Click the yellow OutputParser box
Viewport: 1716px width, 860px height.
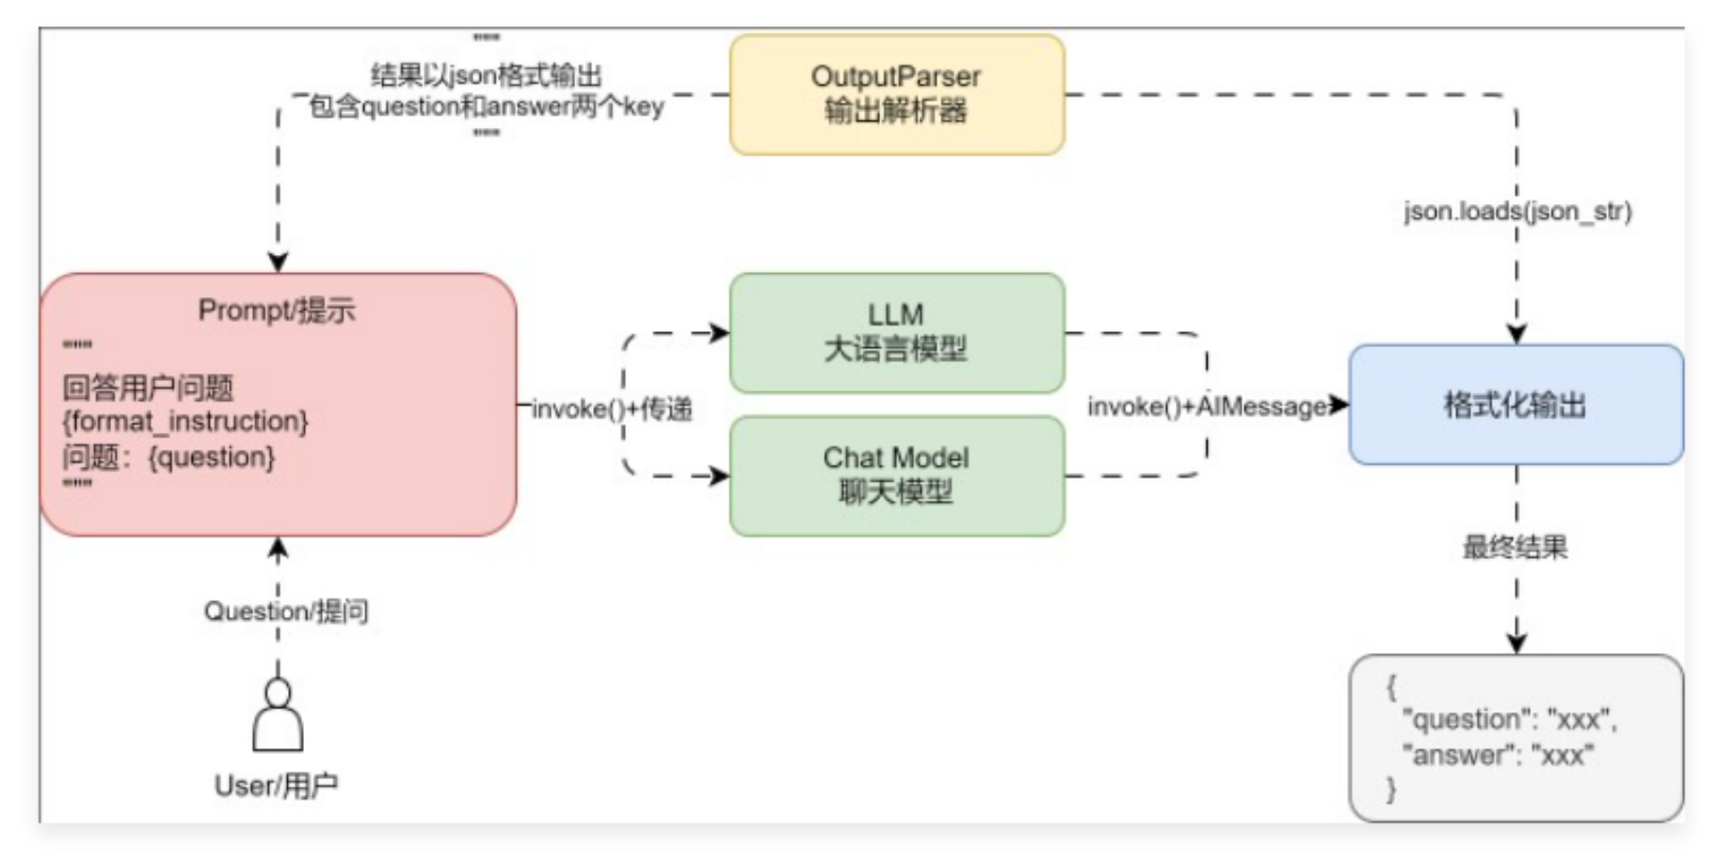click(x=896, y=94)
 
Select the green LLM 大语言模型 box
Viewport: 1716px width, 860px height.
click(x=896, y=332)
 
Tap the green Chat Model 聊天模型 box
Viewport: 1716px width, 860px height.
click(x=896, y=475)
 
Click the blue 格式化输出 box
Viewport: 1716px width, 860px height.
click(x=1515, y=405)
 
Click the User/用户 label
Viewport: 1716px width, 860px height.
click(x=276, y=786)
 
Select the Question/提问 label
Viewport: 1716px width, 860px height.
click(x=286, y=612)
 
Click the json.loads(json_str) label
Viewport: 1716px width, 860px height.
click(x=1516, y=212)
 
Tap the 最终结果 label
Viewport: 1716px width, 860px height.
click(x=1515, y=548)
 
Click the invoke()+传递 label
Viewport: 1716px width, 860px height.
click(x=613, y=409)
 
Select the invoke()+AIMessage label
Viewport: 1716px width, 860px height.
click(x=1209, y=406)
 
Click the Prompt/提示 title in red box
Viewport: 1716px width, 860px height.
click(x=277, y=311)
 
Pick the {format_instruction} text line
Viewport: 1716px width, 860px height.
click(x=185, y=422)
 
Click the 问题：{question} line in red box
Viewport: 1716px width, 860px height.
click(x=169, y=457)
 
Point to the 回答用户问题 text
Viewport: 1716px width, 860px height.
click(x=148, y=387)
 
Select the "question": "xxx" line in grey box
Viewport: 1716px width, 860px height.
click(x=1509, y=720)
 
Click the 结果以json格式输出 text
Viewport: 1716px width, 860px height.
click(x=486, y=75)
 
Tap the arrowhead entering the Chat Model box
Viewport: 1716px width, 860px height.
click(x=720, y=476)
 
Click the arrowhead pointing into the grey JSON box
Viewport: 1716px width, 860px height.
click(x=1516, y=644)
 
